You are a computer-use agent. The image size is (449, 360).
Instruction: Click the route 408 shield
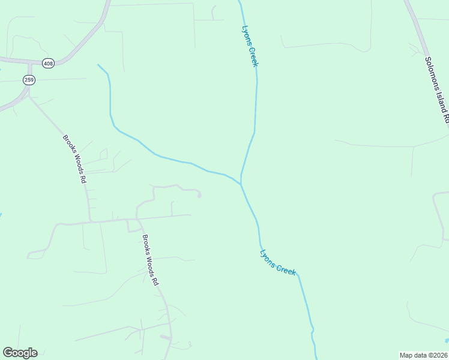(x=48, y=62)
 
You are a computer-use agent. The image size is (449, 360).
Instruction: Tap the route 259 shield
(x=29, y=80)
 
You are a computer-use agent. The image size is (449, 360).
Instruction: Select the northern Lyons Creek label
(x=250, y=46)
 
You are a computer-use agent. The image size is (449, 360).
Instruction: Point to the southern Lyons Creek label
(x=278, y=262)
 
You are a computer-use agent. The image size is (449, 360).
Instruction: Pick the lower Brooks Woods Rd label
(x=150, y=259)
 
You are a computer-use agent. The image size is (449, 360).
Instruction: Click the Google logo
(x=20, y=353)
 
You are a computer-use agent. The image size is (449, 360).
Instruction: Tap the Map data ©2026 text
(x=423, y=355)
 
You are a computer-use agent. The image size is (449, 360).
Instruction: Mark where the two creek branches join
(x=241, y=183)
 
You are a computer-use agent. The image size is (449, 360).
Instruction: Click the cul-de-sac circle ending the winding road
(x=199, y=194)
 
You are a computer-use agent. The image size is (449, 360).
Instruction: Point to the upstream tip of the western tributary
(x=98, y=64)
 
